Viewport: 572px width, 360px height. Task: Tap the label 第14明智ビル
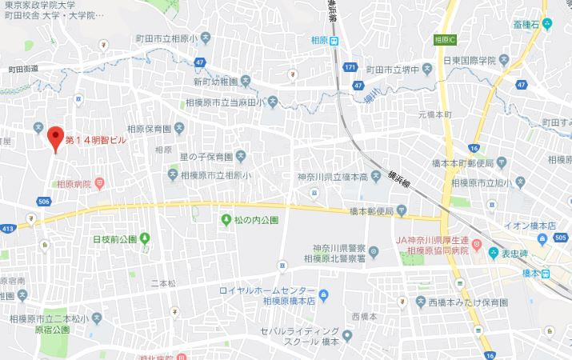tap(95, 140)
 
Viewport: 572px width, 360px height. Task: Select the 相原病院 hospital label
tap(75, 183)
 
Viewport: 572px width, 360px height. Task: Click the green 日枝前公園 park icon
tap(145, 238)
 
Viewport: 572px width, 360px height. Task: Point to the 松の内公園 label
tap(256, 219)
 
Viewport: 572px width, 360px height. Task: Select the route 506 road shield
tap(44, 201)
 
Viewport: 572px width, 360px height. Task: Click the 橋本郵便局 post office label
tap(372, 211)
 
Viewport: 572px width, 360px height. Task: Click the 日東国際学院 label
tap(475, 59)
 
